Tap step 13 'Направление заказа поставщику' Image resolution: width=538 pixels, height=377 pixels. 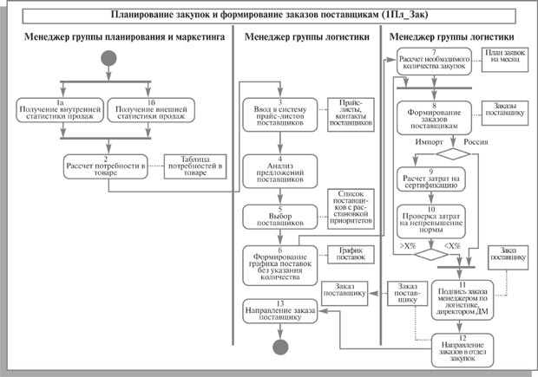click(279, 312)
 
